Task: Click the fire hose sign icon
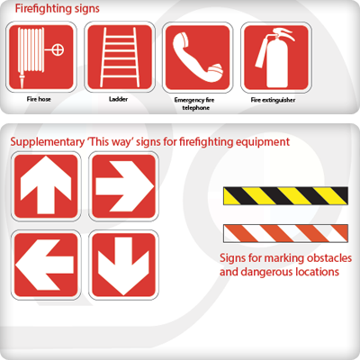[x=41, y=57]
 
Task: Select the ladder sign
[x=120, y=57]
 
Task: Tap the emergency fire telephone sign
[x=198, y=58]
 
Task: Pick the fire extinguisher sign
[x=276, y=58]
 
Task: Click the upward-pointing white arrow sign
[x=46, y=186]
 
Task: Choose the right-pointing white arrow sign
[x=123, y=186]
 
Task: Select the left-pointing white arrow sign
[x=46, y=265]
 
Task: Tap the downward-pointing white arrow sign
[x=123, y=265]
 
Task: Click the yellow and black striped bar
[x=285, y=195]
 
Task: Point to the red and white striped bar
[x=285, y=233]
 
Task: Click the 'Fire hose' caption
[x=39, y=99]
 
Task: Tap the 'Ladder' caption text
[x=118, y=99]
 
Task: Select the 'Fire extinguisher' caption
[x=273, y=100]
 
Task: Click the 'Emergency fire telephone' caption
[x=194, y=103]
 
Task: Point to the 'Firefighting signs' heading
[x=58, y=9]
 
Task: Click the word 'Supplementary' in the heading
[x=48, y=142]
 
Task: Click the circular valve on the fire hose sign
[x=58, y=49]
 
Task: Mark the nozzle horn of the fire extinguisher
[x=261, y=52]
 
